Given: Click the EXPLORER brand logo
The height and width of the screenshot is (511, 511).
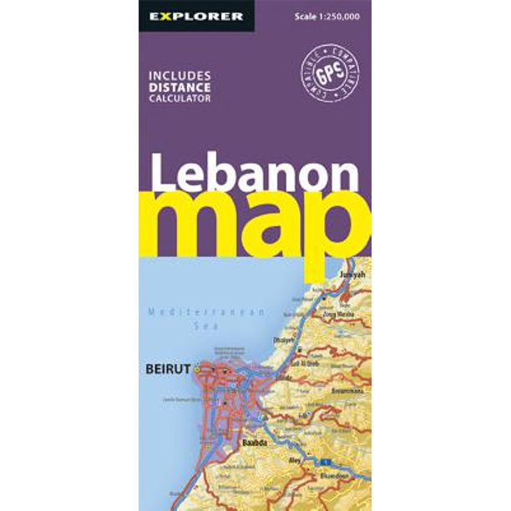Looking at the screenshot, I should coord(195,16).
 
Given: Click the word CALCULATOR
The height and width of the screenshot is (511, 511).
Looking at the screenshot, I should coord(180,97).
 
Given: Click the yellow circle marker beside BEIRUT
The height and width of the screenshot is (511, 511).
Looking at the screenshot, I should coord(197,368).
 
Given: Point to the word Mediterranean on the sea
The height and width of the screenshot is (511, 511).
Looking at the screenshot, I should coord(205,312).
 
